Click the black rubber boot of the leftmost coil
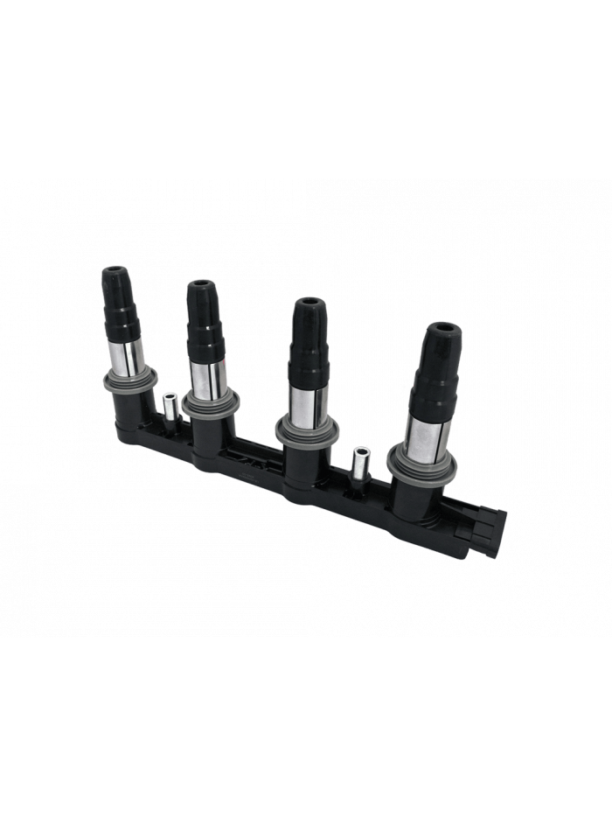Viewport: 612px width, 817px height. (x=118, y=303)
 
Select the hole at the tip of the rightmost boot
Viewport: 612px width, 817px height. (x=442, y=331)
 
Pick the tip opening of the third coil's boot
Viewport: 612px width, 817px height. (x=309, y=303)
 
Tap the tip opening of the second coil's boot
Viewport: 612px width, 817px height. (x=200, y=285)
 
